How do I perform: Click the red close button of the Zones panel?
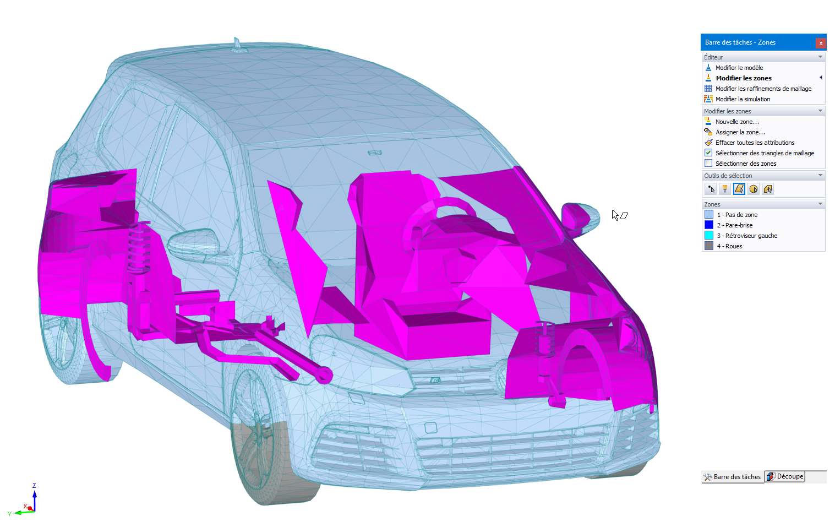(x=821, y=43)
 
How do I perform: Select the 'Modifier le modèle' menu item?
(x=739, y=68)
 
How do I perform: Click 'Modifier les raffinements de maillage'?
(x=763, y=89)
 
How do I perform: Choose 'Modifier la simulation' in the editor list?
(x=743, y=99)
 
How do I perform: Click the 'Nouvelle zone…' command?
(x=737, y=122)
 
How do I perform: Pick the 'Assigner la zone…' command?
(x=740, y=132)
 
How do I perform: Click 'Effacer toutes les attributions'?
(x=755, y=143)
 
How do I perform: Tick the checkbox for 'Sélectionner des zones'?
(x=708, y=164)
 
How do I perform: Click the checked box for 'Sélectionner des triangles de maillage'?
(x=708, y=153)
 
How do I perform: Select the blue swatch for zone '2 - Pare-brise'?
(x=708, y=225)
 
